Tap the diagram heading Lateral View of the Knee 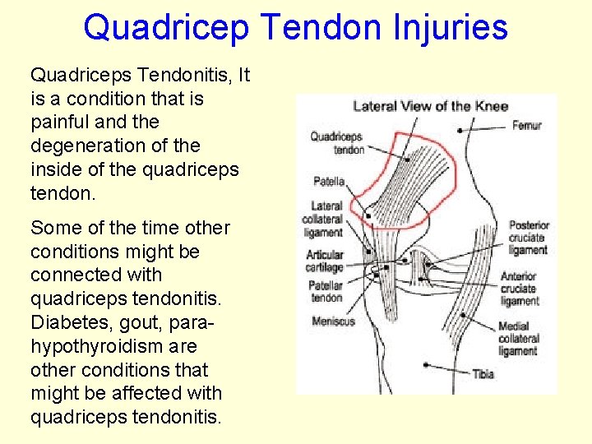coord(430,105)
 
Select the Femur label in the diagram coord(526,126)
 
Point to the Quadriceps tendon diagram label coord(336,143)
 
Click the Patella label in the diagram coord(328,181)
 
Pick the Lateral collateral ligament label coord(326,220)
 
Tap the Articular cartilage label coord(325,261)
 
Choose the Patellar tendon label coord(325,291)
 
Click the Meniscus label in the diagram coord(333,321)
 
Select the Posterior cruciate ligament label coord(528,238)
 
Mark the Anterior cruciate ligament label coord(520,289)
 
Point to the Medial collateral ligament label coord(519,338)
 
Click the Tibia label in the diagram coord(483,374)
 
